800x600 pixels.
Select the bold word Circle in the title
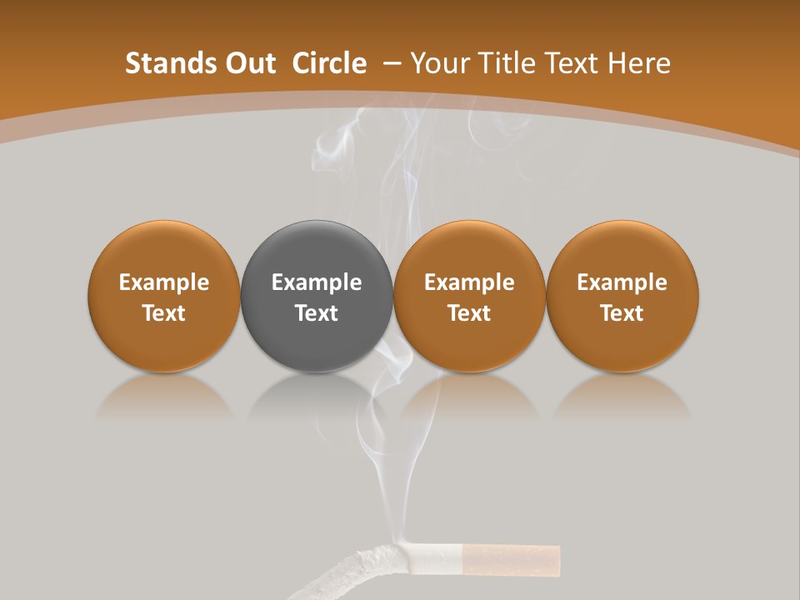point(329,63)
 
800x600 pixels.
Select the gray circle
point(316,250)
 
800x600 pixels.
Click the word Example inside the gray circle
point(317,282)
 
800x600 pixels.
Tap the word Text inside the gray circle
point(317,313)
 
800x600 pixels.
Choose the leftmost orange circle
point(164,250)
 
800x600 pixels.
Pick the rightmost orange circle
point(622,250)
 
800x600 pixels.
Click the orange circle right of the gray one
point(469,250)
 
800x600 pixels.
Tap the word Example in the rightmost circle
point(622,282)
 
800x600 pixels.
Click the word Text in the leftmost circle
point(164,313)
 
